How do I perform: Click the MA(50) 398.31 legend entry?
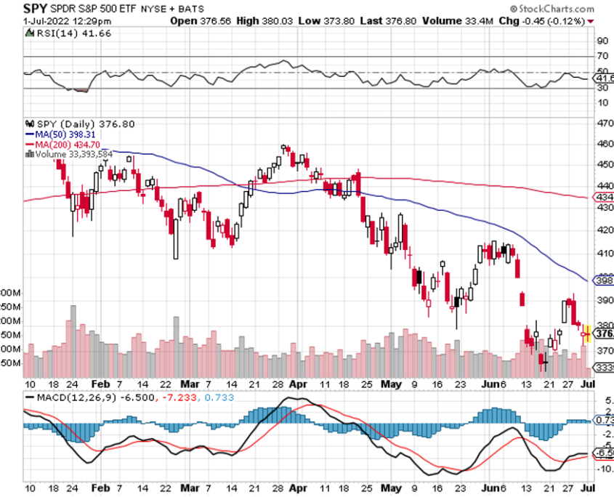62,134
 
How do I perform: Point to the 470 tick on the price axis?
605,124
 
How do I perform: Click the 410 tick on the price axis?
605,254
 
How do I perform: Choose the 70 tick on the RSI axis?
602,56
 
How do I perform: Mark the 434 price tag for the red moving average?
604,197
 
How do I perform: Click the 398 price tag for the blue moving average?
604,280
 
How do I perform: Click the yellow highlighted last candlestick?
586,334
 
